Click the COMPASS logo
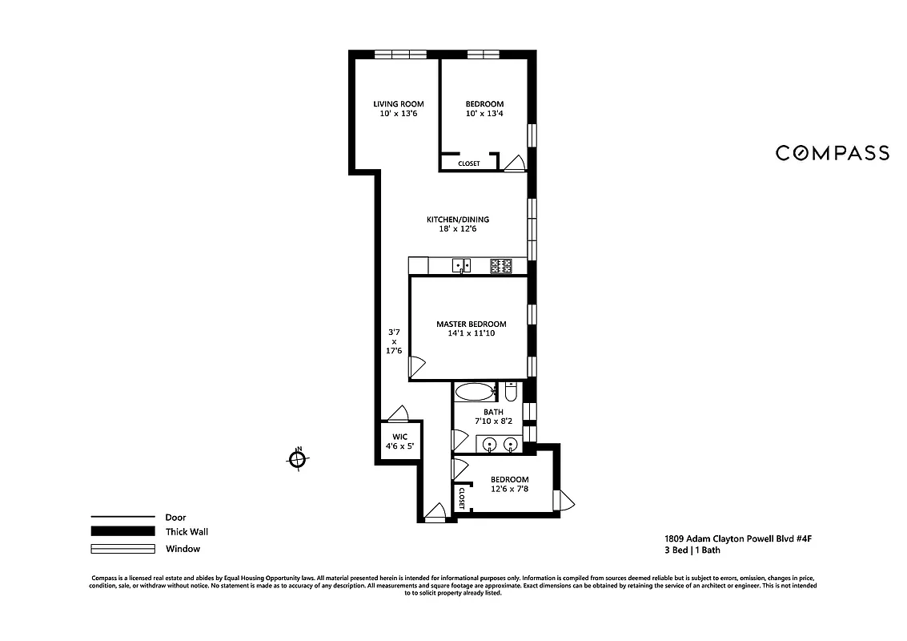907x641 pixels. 832,153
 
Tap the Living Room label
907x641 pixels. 399,104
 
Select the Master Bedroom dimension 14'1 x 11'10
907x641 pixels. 471,333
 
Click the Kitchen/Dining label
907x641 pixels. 457,220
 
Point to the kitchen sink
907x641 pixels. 461,265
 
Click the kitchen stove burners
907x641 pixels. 501,266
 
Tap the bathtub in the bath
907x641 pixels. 475,393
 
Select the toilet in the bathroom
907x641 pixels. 511,392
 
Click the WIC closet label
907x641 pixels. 399,437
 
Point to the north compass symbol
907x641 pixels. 297,459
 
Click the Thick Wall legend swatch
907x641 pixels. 122,531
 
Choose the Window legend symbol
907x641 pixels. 122,549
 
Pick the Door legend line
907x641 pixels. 122,517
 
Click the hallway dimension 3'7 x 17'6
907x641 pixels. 394,341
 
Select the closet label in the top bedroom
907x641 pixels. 469,163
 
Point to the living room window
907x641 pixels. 402,54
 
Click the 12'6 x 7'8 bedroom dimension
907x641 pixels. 509,489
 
